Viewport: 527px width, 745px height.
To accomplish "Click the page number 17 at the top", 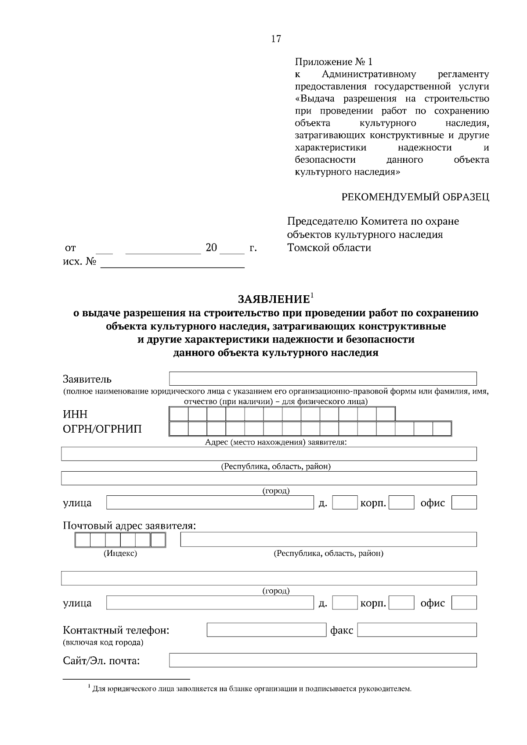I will click(x=276, y=39).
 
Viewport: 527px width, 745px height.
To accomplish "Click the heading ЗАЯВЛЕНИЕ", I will click(x=274, y=300).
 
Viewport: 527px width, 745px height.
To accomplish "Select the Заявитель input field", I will click(x=323, y=379).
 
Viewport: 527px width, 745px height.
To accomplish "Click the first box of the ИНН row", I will click(x=179, y=415).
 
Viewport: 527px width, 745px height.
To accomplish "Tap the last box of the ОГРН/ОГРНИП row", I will click(x=442, y=429).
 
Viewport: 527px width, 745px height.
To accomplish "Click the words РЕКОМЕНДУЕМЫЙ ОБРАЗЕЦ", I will click(x=415, y=197).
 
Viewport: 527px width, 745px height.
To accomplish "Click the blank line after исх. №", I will click(x=172, y=263).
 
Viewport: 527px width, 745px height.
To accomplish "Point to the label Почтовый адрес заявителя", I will click(x=129, y=526).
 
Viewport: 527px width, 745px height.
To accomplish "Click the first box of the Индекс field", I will click(x=83, y=540).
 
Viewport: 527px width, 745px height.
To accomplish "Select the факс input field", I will click(x=417, y=630).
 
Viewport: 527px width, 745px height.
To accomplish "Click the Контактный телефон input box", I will click(x=266, y=630).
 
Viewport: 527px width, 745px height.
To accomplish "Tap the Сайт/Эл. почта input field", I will click(x=323, y=660).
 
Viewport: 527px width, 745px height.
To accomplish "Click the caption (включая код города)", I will click(x=103, y=643).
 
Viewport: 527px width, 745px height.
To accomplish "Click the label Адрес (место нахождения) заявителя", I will click(x=276, y=442).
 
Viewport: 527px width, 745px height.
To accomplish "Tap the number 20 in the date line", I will click(x=211, y=248).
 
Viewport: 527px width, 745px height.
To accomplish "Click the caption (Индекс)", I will click(x=120, y=554).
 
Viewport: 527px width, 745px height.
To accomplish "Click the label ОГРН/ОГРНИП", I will click(x=102, y=429).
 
